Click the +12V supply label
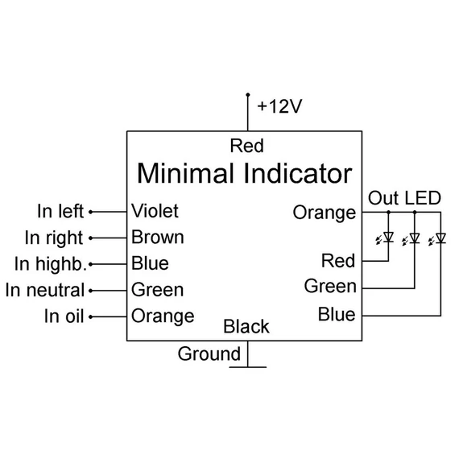pos(279,106)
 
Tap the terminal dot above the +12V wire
pos(248,94)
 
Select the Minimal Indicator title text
pos(245,173)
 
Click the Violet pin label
pos(155,210)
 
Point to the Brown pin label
pos(158,237)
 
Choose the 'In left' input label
pos(60,211)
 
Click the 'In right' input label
pos(54,238)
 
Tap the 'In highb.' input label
pos(51,264)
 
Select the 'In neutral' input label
pos(45,290)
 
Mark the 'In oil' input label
pos(64,316)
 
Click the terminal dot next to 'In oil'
pos(91,316)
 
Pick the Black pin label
pos(246,326)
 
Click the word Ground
pos(209,354)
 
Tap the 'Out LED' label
pos(404,198)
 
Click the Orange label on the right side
pos(325,213)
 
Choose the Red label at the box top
pos(246,146)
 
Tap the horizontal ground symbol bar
pos(248,366)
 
